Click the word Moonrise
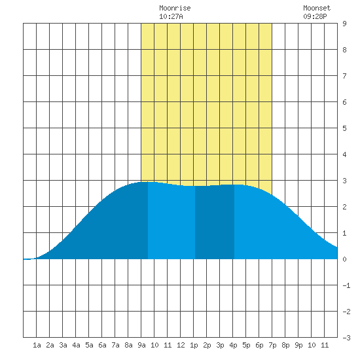[175, 8]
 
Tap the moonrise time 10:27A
[171, 16]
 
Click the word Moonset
[317, 8]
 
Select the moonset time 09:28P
[315, 16]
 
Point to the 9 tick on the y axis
[344, 24]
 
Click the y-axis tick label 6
[344, 102]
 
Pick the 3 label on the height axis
[344, 181]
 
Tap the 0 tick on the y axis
[344, 259]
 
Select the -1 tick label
[346, 285]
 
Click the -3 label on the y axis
[346, 338]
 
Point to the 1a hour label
[37, 345]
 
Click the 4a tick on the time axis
[76, 345]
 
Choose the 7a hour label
[115, 345]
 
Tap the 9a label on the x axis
[141, 345]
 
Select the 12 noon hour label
[181, 345]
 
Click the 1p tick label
[194, 345]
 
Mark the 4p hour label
[233, 345]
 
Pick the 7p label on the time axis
[272, 345]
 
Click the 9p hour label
[298, 345]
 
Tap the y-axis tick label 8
[344, 50]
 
